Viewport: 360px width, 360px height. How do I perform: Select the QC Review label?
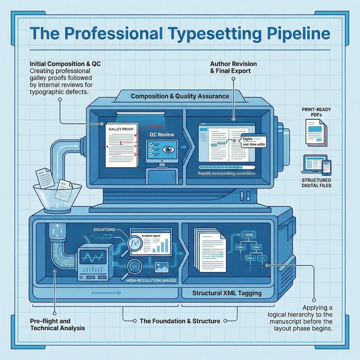pyautogui.click(x=162, y=135)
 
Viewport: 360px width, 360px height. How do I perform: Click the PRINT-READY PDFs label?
pyautogui.click(x=316, y=112)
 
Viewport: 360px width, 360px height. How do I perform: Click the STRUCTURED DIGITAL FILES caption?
pyautogui.click(x=316, y=183)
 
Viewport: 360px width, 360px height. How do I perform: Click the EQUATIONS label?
pyautogui.click(x=104, y=230)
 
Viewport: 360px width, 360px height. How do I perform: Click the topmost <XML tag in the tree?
pyautogui.click(x=248, y=234)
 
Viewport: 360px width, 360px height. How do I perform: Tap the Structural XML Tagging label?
pyautogui.click(x=227, y=293)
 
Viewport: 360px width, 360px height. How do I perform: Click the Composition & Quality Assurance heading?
pyautogui.click(x=180, y=96)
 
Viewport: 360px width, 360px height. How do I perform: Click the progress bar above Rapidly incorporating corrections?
pyautogui.click(x=226, y=168)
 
